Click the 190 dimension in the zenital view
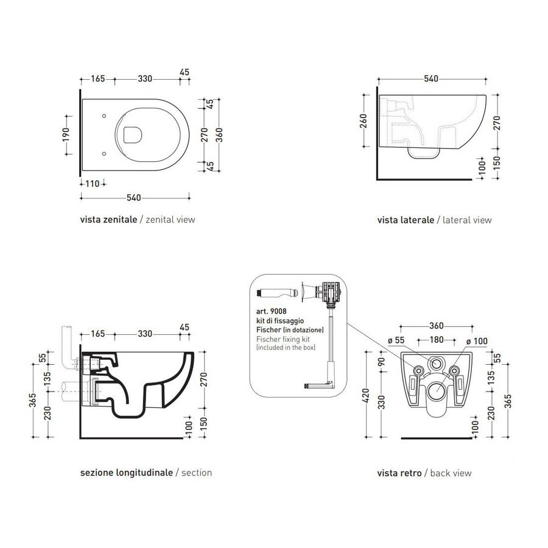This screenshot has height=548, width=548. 67,133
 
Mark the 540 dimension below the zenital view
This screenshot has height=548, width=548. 134,197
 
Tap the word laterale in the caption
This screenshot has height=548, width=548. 416,220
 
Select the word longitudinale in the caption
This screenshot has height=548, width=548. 142,472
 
